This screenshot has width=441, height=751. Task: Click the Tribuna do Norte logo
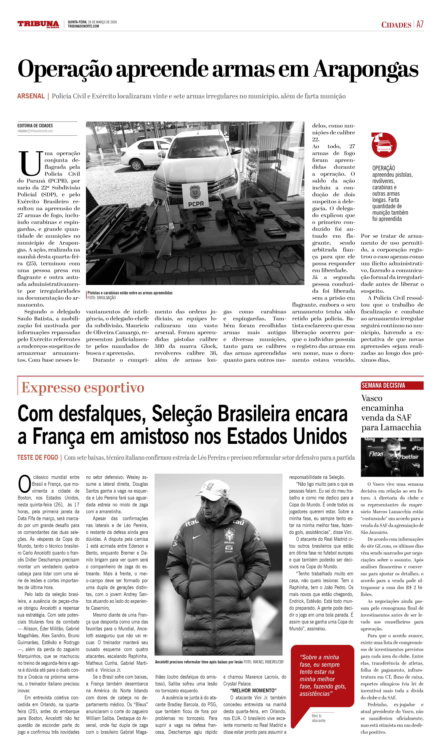(38, 24)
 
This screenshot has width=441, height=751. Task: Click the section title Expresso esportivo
(83, 388)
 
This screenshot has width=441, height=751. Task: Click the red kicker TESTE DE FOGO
(38, 458)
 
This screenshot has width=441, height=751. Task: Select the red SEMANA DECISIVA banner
(392, 386)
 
